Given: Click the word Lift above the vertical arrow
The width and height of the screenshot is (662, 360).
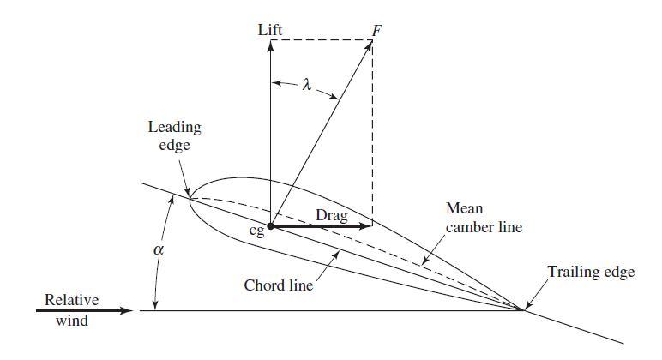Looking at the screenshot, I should tap(270, 29).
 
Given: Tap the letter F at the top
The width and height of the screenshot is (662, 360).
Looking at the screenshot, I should tap(376, 30).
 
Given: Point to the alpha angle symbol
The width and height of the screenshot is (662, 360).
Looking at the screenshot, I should tap(158, 249).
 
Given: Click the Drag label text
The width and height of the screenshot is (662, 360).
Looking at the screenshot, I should tap(332, 215).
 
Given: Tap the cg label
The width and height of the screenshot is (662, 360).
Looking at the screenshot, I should tap(256, 231).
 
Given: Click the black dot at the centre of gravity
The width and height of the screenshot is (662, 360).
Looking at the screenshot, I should tap(270, 226).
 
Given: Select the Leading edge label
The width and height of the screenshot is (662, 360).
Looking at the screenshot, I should tap(174, 135).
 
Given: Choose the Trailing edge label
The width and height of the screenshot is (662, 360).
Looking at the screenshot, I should tap(591, 273).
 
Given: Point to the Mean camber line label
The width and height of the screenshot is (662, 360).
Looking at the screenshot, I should tap(483, 219).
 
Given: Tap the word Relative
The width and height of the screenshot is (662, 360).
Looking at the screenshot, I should tap(71, 300).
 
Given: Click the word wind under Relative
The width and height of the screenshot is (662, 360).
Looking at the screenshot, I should tap(71, 321).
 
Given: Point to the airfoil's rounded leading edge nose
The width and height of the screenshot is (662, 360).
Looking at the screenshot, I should tap(190, 198).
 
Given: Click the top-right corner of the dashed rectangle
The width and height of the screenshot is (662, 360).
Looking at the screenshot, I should tap(373, 39).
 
